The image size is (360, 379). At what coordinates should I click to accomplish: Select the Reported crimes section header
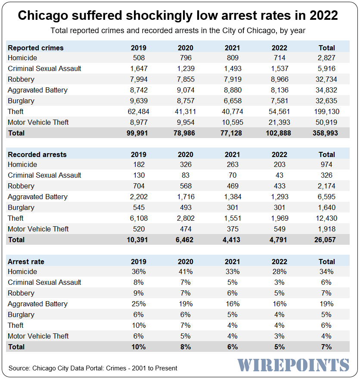point(35,48)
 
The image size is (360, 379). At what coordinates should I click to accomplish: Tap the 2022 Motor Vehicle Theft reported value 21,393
point(279,122)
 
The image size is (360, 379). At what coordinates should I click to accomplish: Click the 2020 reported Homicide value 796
point(186,58)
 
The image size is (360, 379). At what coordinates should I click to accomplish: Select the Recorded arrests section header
point(37,154)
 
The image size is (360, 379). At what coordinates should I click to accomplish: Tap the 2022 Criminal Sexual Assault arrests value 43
point(279,175)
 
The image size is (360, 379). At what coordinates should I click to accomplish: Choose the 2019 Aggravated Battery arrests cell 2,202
point(139,197)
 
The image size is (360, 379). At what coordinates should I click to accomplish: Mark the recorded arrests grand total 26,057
point(326,240)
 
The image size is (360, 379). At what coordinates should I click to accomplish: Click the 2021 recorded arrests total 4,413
point(233,240)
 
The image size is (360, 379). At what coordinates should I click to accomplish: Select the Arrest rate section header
point(26,262)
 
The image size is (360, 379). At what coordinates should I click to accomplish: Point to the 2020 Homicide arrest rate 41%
point(186,271)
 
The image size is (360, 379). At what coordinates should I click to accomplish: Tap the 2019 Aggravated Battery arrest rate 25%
point(139,304)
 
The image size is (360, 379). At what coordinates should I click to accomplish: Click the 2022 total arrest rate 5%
point(279,347)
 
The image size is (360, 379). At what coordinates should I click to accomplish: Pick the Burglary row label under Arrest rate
point(21,314)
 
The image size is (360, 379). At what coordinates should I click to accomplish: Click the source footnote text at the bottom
point(93,368)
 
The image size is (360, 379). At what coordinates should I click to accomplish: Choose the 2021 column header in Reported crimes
point(233,48)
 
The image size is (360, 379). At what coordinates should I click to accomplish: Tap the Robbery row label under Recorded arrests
point(21,186)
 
